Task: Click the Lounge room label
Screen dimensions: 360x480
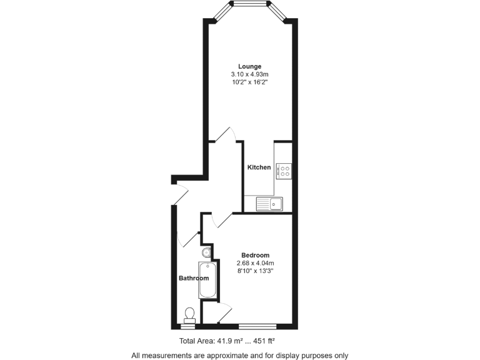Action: point(249,66)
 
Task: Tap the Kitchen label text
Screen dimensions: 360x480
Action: point(259,167)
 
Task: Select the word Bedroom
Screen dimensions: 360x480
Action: point(256,255)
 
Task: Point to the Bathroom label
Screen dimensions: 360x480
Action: point(194,278)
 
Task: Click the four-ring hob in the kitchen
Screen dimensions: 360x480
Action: point(284,171)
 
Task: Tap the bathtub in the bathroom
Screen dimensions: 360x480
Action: point(209,280)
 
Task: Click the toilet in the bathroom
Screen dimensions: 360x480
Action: point(189,314)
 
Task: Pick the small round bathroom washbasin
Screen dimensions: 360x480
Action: point(207,252)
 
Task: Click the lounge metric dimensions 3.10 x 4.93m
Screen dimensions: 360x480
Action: point(249,74)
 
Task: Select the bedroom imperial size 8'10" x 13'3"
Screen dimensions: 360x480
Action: point(256,271)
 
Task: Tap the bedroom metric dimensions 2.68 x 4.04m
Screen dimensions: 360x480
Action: point(256,263)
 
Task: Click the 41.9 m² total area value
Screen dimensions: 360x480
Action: point(229,341)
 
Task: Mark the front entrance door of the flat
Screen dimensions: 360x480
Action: point(180,194)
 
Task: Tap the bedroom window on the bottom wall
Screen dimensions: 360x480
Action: point(257,326)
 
